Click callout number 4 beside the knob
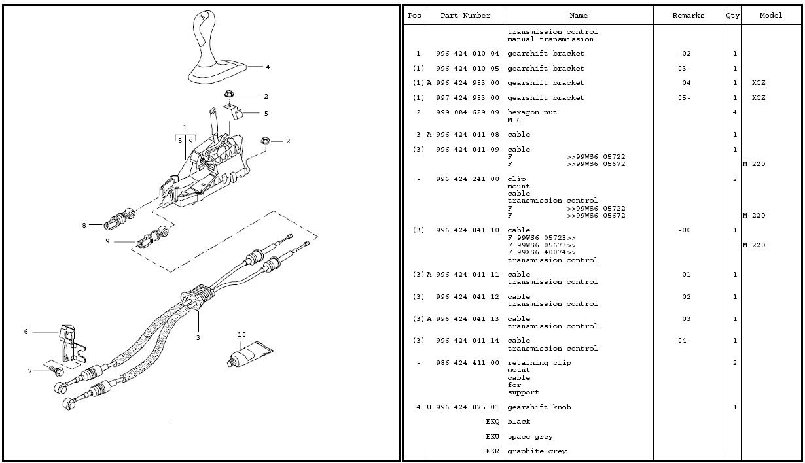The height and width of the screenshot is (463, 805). pos(268,67)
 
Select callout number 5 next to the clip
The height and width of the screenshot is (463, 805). pos(266,114)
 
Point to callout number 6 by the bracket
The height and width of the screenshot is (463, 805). pos(26,332)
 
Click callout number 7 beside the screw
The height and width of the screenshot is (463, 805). pos(29,371)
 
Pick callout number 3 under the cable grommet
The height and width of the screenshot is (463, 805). pos(198,338)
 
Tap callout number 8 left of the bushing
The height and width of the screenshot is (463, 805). pos(84,226)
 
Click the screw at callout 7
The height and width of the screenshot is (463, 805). pos(56,371)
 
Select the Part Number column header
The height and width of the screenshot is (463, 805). pos(465,16)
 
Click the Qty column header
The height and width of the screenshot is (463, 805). pos(732,16)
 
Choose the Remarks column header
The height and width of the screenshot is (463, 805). pos(689,16)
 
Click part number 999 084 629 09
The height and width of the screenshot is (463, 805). pos(467,112)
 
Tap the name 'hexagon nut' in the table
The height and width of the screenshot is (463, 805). pos(532,112)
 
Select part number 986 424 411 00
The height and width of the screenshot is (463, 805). pos(467,363)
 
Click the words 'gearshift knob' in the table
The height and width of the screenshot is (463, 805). pos(539,407)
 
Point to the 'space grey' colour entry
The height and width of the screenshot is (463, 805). pos(530,437)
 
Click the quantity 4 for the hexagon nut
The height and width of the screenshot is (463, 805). pos(735,112)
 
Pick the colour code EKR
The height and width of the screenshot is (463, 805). pos(492,451)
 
